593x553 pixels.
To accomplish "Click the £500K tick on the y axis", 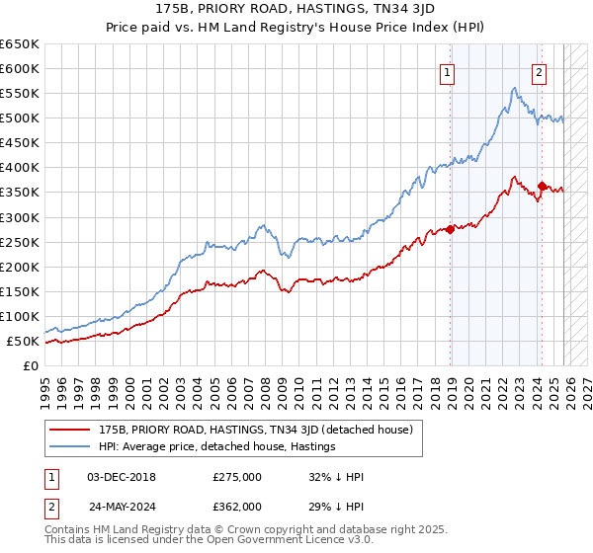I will pos(20,118).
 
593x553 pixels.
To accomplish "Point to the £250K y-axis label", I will pos(20,242).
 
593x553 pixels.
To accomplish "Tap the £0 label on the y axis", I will pos(31,365).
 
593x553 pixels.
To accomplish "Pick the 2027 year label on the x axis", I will pos(587,385).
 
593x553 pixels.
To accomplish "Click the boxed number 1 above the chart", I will pos(448,71).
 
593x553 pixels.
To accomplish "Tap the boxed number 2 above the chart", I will pos(540,71).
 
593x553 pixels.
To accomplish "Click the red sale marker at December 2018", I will pos(450,230).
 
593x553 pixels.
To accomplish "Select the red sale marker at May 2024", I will pos(543,186).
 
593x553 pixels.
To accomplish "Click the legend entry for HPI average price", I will pos(217,446).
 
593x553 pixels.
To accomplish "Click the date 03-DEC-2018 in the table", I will pos(122,476).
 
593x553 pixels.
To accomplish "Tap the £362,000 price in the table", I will pos(236,505).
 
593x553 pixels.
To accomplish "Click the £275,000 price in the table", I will pos(236,476).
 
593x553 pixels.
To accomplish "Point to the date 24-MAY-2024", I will pos(122,505).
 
